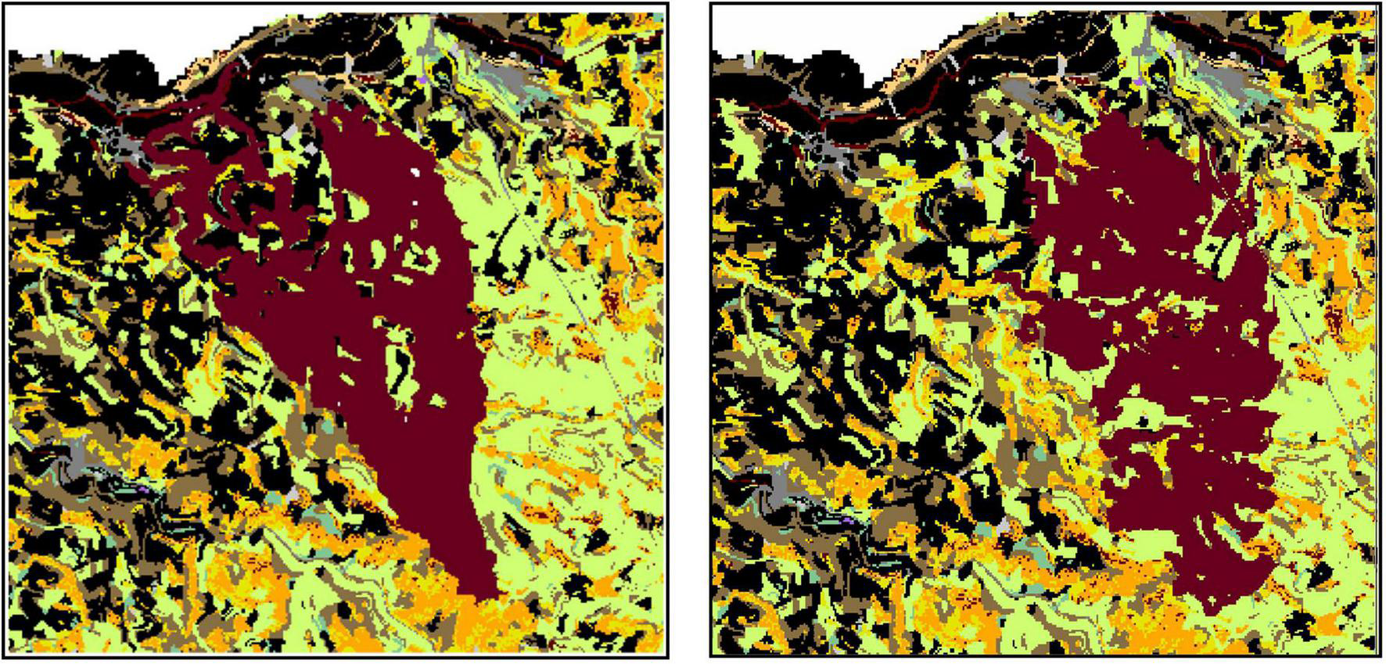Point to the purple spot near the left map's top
pyautogui.click(x=423, y=80)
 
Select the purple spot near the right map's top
pyautogui.click(x=1140, y=81)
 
